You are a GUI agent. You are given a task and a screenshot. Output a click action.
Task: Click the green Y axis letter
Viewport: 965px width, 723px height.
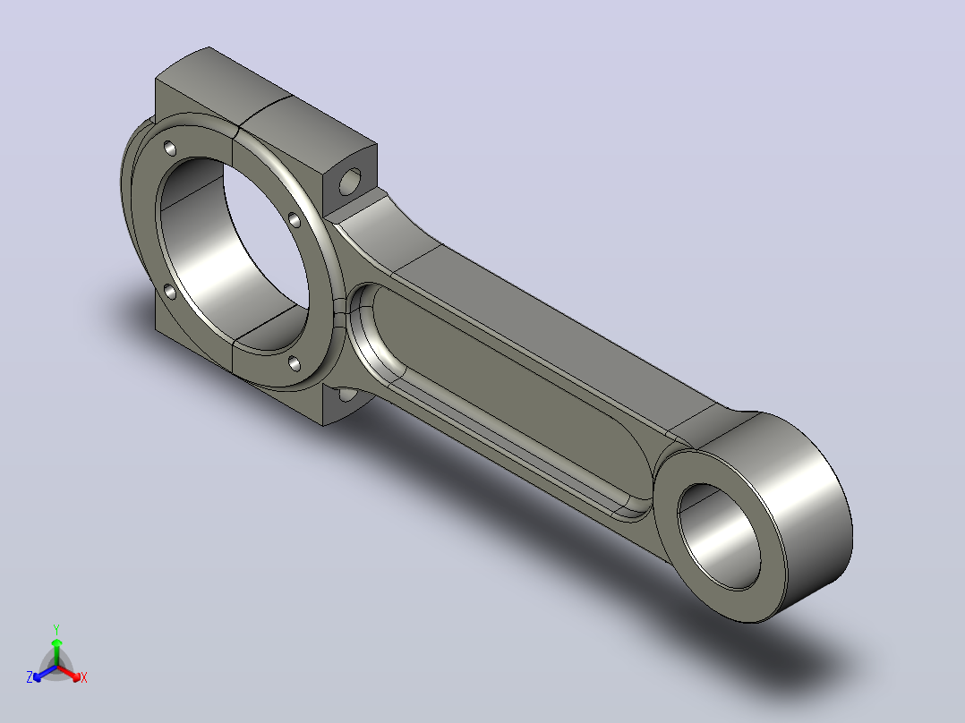coord(56,629)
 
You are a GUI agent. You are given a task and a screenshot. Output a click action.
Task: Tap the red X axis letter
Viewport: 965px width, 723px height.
coord(84,677)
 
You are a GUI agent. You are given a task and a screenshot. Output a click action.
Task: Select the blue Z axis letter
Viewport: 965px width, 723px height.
coord(30,677)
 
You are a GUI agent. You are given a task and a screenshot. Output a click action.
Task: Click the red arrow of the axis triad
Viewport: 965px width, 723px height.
coord(69,672)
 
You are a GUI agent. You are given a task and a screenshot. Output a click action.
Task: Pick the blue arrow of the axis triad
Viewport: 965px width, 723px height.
coord(45,673)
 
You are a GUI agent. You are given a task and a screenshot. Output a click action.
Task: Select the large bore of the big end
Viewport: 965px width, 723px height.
coord(233,253)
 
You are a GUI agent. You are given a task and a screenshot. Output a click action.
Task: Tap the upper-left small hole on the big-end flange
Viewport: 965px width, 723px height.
coord(169,149)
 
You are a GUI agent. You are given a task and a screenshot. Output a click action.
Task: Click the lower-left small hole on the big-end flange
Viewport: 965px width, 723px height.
coord(170,292)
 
